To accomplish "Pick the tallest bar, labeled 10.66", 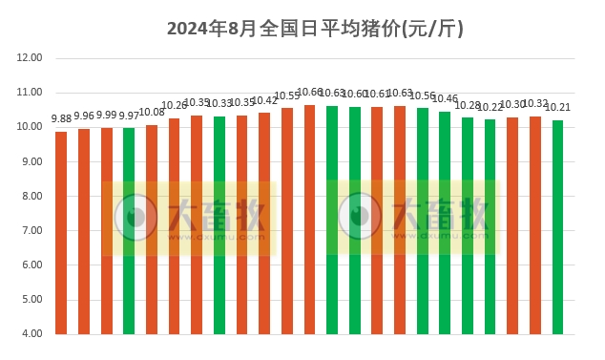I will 310,220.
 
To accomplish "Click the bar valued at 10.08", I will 152,229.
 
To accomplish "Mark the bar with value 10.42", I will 264,223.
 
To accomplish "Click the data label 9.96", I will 84,116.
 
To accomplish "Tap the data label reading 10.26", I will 175,106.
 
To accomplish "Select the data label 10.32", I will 534,103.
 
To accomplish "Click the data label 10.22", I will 490,107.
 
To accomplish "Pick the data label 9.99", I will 107,115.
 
